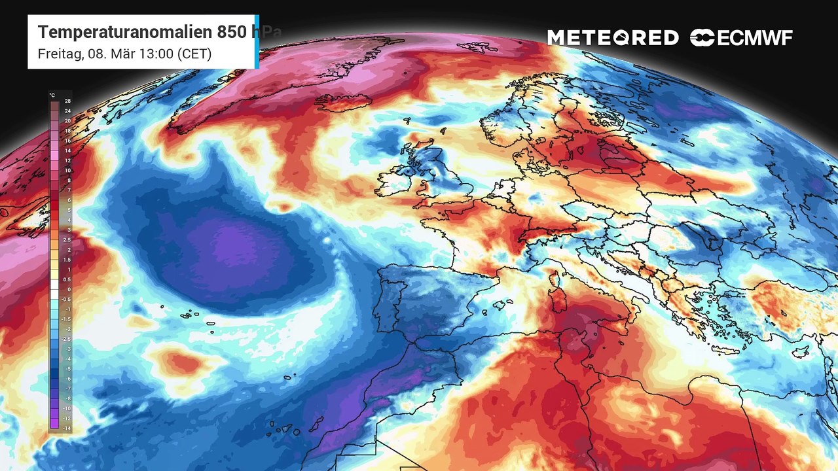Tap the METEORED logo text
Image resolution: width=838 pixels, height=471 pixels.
(613, 38)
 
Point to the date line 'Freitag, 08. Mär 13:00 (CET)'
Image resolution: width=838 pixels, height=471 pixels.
(124, 54)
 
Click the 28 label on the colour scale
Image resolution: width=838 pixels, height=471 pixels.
(67, 101)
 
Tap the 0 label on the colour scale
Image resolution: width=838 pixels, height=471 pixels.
(67, 289)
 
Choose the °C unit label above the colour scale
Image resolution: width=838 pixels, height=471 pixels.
(52, 96)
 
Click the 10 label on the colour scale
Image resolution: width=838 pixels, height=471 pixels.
(67, 170)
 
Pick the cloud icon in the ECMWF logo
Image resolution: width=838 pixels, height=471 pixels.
(702, 38)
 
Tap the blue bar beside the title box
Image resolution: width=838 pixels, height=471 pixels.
(257, 41)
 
